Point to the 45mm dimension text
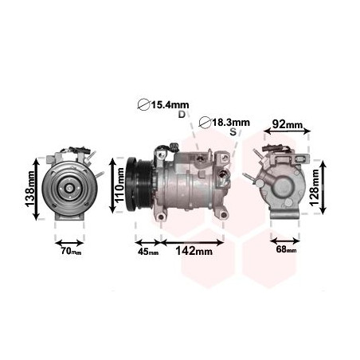(147, 252)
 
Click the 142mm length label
(193, 252)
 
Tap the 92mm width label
(288, 124)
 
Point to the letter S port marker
(233, 132)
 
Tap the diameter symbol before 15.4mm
(143, 104)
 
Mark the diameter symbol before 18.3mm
(205, 122)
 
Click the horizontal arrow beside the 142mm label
(193, 238)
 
